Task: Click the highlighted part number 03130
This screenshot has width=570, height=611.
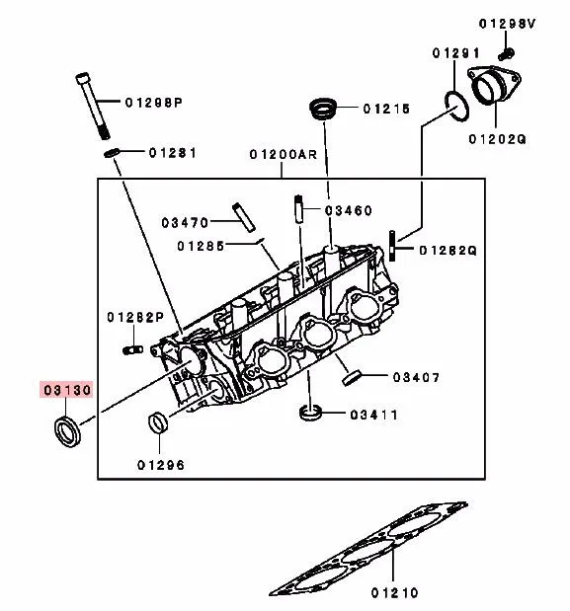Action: (x=66, y=391)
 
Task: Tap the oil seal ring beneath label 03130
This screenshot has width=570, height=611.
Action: (x=67, y=430)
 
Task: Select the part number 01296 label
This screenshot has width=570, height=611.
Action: (x=161, y=464)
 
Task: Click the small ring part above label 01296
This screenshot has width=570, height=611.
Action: (x=158, y=425)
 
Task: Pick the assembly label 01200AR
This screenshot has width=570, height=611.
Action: (x=283, y=155)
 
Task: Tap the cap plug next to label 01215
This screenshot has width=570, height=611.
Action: (x=323, y=109)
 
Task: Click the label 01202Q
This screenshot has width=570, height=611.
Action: (x=497, y=139)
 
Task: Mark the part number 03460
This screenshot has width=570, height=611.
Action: (x=349, y=210)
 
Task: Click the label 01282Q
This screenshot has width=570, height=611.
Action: (x=448, y=251)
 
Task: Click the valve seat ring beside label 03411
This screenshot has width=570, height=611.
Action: (x=312, y=412)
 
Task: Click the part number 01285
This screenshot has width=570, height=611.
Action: (x=202, y=245)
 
